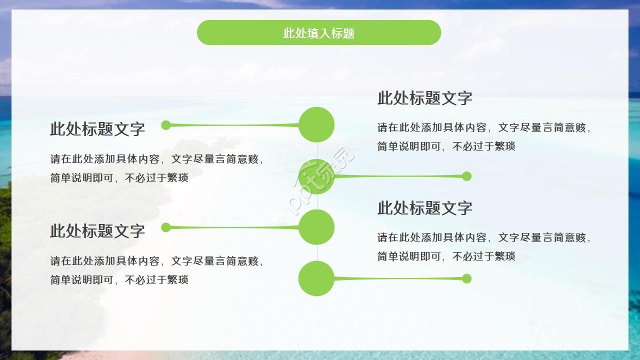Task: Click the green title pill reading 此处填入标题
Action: pyautogui.click(x=319, y=33)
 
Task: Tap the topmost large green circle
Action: pyautogui.click(x=316, y=124)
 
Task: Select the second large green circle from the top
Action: pyautogui.click(x=316, y=176)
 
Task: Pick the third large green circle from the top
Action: pyautogui.click(x=316, y=227)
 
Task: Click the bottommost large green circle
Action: pyautogui.click(x=316, y=278)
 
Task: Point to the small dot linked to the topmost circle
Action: pyautogui.click(x=166, y=125)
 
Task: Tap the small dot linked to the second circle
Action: pyautogui.click(x=466, y=176)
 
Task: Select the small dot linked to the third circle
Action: pyautogui.click(x=166, y=227)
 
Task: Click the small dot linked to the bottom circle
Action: pyautogui.click(x=466, y=278)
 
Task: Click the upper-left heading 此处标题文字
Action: pyautogui.click(x=97, y=129)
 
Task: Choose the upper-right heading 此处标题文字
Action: pyautogui.click(x=424, y=98)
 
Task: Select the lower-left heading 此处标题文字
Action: pyautogui.click(x=97, y=231)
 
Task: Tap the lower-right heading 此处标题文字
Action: pyautogui.click(x=424, y=208)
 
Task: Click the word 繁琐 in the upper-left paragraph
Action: pyautogui.click(x=177, y=178)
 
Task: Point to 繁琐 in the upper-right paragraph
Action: pyautogui.click(x=504, y=146)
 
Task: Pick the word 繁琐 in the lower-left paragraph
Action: pyautogui.click(x=177, y=280)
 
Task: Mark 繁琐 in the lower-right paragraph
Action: pyautogui.click(x=504, y=256)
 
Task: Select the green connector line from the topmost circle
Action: pyautogui.click(x=232, y=125)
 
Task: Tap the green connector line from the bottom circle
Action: pyautogui.click(x=400, y=278)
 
